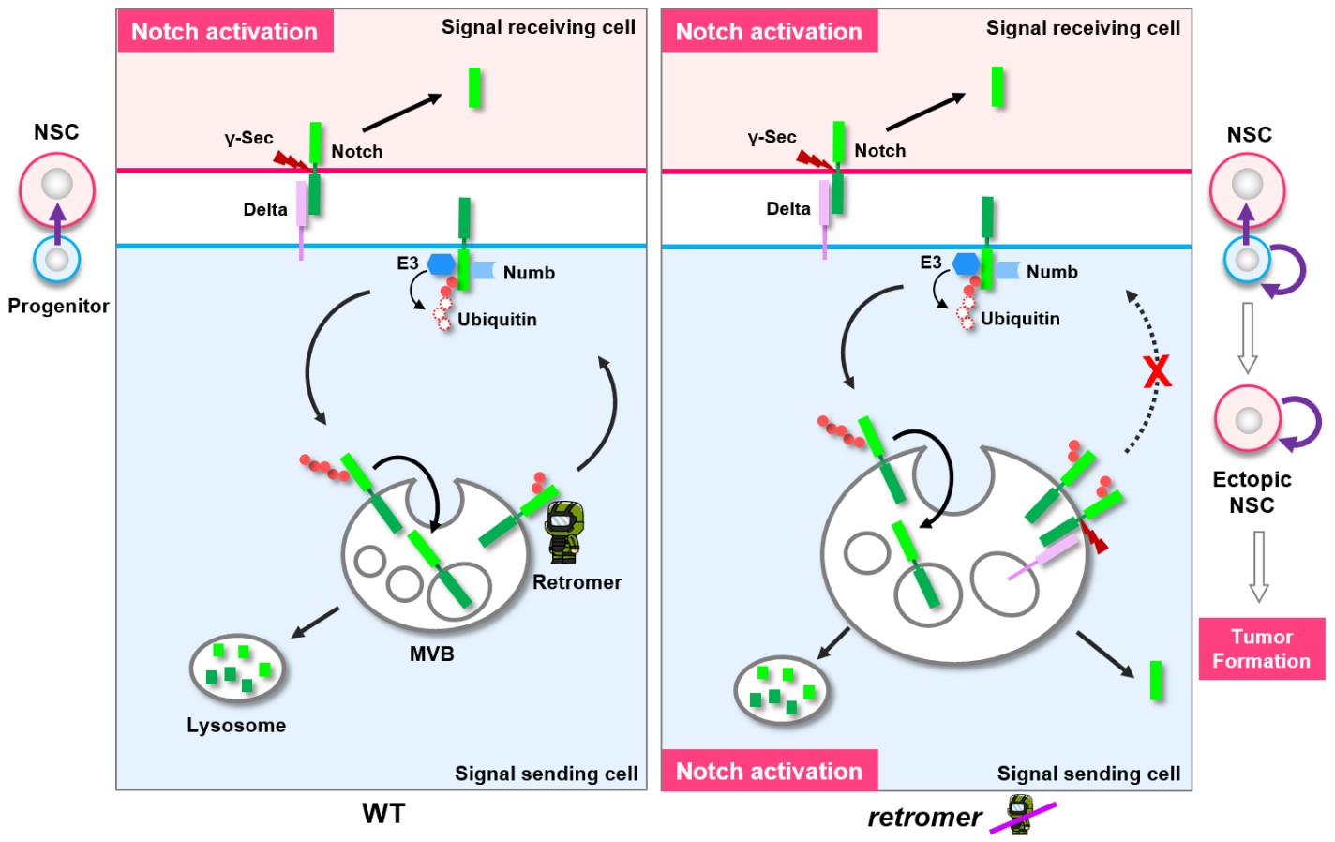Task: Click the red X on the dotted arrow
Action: (x=1157, y=372)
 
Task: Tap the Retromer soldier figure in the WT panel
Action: (x=564, y=531)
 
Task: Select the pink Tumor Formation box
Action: (x=1261, y=649)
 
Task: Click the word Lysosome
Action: (x=236, y=725)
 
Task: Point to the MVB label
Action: (x=431, y=654)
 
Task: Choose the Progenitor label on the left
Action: (x=58, y=306)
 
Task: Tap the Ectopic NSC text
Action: (x=1252, y=492)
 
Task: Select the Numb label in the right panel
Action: (x=1052, y=272)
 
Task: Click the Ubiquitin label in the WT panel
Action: (x=497, y=320)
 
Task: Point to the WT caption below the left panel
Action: (x=383, y=813)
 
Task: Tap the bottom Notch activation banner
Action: (x=769, y=771)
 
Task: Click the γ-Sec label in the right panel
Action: (x=772, y=138)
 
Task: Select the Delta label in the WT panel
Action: (x=265, y=209)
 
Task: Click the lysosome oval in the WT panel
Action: (x=236, y=669)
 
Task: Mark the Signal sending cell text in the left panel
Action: (x=546, y=774)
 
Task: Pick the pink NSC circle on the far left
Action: (x=57, y=190)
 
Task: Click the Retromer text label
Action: (x=577, y=582)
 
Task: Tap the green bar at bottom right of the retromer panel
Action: (x=1156, y=681)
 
